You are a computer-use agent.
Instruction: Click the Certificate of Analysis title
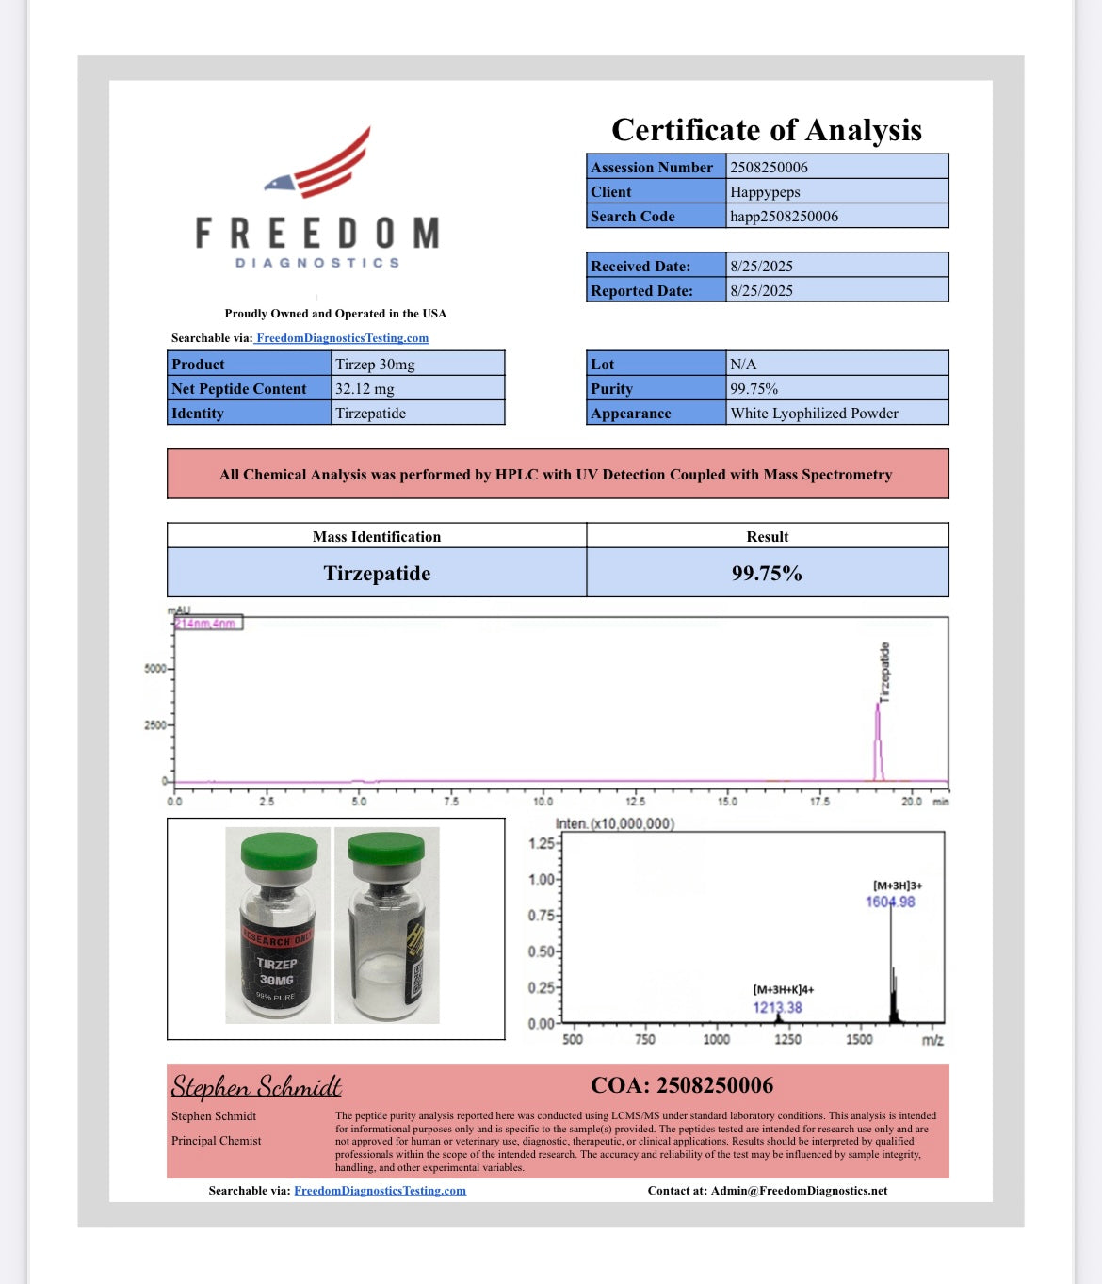tap(766, 130)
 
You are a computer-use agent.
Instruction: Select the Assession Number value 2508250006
tap(769, 168)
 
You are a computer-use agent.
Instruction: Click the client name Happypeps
tap(765, 192)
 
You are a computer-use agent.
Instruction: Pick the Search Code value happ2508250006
tap(784, 217)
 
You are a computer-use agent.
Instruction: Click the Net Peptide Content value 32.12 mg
tap(365, 389)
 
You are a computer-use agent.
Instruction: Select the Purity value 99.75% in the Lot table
tap(754, 389)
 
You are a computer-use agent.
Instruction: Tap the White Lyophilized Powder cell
tap(814, 414)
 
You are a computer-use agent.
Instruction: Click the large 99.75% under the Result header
tap(767, 574)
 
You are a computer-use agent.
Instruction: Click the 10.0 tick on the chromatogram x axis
tap(543, 802)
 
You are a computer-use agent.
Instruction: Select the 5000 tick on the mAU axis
tap(154, 669)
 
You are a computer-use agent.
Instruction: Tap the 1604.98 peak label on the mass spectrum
tap(890, 902)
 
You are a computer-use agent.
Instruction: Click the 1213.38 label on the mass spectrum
tap(777, 1008)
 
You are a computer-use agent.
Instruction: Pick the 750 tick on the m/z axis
tap(645, 1040)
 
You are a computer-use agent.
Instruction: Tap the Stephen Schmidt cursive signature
tap(256, 1087)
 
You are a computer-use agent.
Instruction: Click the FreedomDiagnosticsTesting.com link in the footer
tap(380, 1191)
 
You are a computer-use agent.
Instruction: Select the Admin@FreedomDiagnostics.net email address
tap(799, 1191)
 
